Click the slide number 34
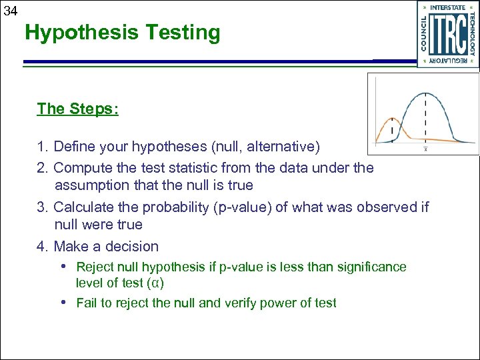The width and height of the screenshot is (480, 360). [9, 9]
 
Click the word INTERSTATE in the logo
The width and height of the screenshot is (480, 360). [448, 8]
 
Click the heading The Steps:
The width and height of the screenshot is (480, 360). [78, 109]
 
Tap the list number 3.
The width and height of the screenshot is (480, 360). [42, 207]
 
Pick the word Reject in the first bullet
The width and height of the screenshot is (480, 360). [95, 267]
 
